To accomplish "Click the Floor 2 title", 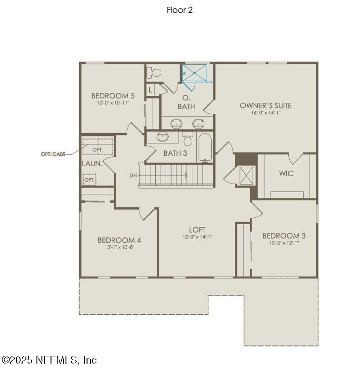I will (180, 10).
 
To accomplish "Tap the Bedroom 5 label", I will (113, 95).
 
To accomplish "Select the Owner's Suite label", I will (266, 105).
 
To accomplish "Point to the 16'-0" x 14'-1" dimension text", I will (266, 113).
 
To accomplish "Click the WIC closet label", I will (286, 174).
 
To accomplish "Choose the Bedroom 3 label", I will (284, 236).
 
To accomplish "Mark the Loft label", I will (197, 230).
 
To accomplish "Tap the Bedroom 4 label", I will (119, 240).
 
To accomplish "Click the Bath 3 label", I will (175, 153).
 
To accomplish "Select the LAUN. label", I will (92, 163).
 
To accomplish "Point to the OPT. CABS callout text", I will (53, 154).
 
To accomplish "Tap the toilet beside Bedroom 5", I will (156, 73).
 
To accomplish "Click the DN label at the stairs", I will (133, 175).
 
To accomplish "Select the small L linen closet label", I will (150, 90).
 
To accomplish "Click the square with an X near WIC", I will (246, 175).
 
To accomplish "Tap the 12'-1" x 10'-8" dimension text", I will (119, 247).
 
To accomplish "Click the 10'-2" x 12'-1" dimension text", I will (284, 243).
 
